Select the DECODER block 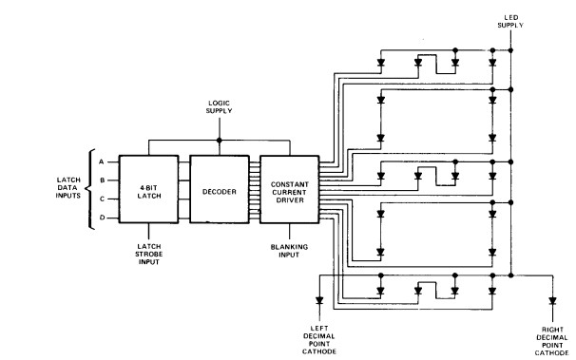pos(219,189)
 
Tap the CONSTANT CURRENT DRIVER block pos(289,189)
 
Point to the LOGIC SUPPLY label pos(219,107)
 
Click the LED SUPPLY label pos(510,20)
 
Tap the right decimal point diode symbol pos(551,301)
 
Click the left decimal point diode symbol pos(318,301)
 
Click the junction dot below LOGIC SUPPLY pos(219,141)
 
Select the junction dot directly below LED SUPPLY pos(510,49)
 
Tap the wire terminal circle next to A pos(119,161)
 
